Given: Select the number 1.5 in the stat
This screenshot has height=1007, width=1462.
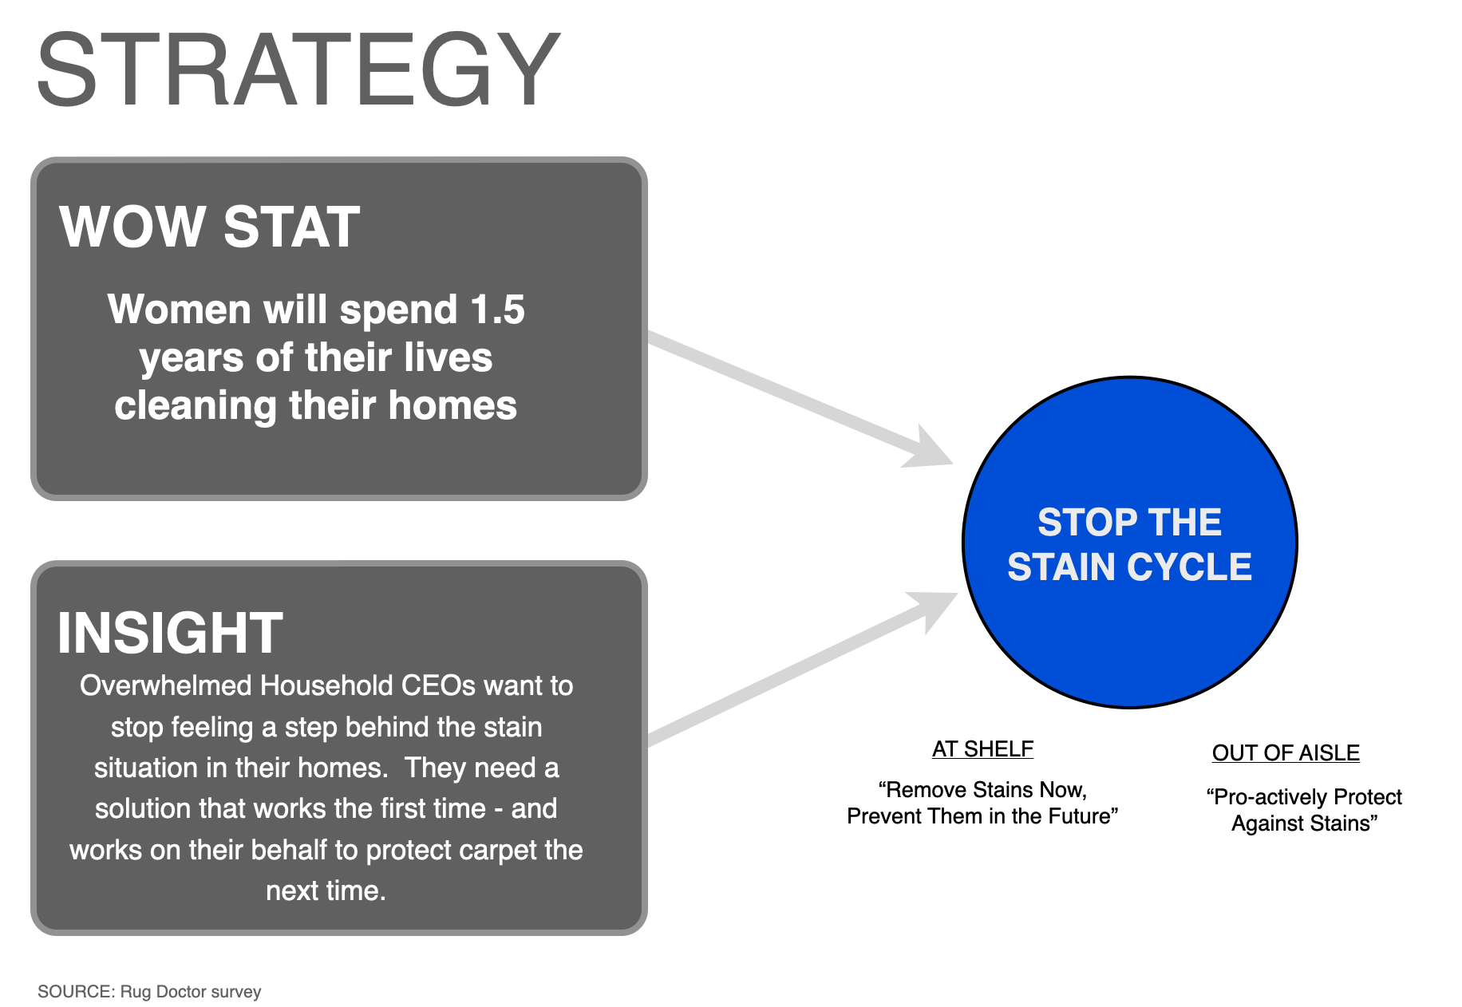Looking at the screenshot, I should (498, 310).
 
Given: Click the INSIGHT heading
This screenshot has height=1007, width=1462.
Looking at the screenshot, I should (170, 634).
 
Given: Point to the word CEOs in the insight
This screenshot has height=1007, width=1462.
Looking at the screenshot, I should (438, 686).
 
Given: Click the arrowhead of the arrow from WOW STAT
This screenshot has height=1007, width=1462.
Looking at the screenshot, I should (931, 449).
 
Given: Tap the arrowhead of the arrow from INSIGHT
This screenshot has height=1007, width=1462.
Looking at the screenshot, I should (935, 608).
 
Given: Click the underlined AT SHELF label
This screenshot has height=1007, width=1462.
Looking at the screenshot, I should (982, 749).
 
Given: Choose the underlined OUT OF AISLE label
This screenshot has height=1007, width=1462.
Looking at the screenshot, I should (1286, 753).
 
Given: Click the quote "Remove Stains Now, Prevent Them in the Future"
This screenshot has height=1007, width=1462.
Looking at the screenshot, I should (982, 803).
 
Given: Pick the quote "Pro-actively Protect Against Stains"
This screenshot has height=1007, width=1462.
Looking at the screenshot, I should (1304, 810).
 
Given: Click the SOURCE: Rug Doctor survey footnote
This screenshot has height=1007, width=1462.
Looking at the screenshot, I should (149, 992).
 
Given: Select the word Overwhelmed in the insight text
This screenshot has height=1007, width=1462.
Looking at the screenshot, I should (166, 686).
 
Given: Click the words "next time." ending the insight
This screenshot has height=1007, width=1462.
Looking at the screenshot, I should (326, 891).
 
